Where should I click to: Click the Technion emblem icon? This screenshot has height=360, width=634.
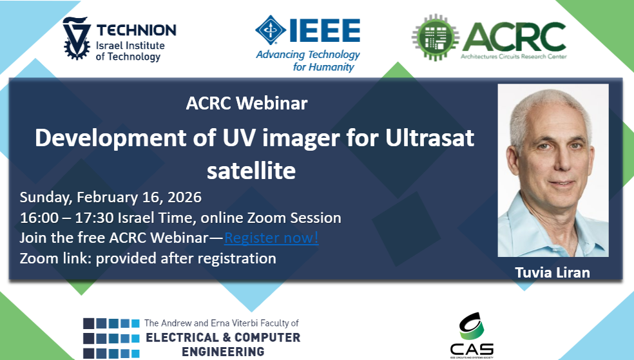[x=77, y=38]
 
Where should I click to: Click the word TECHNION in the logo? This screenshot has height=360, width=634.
[x=136, y=30]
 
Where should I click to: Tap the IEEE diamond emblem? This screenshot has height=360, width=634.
[x=271, y=30]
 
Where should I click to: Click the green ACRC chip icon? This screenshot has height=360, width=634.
[x=436, y=37]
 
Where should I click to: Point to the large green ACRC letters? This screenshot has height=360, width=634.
[x=514, y=37]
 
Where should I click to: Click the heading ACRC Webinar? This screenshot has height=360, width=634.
[x=247, y=103]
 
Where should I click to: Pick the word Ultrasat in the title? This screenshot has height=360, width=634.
[x=429, y=138]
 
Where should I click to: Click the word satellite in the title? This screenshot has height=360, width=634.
[x=251, y=171]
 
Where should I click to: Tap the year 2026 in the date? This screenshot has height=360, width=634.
[x=184, y=197]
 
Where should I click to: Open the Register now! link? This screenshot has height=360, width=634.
[x=271, y=238]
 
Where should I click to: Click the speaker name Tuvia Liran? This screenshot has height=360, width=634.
[x=552, y=272]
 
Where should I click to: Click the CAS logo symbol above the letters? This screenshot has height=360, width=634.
[x=472, y=326]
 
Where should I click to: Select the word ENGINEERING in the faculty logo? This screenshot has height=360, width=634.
[x=223, y=352]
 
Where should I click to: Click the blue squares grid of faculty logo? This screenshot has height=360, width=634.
[x=111, y=337]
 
